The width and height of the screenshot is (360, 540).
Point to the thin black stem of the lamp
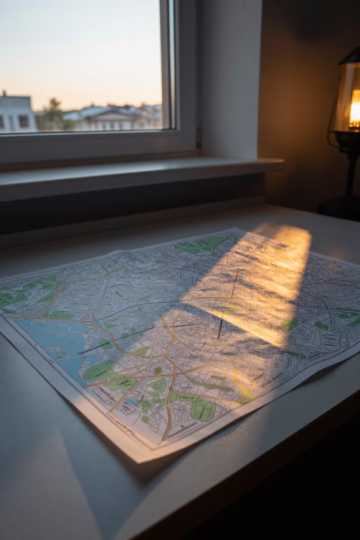coord(350,173)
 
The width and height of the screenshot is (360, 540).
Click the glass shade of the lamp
coord(344,100)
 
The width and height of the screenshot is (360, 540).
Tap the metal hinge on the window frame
coord(199,137)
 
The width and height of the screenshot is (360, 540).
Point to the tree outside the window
coord(53,114)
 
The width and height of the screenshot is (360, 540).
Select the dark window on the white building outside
coord(23,122)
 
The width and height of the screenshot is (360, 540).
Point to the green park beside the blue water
coord(100,370)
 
